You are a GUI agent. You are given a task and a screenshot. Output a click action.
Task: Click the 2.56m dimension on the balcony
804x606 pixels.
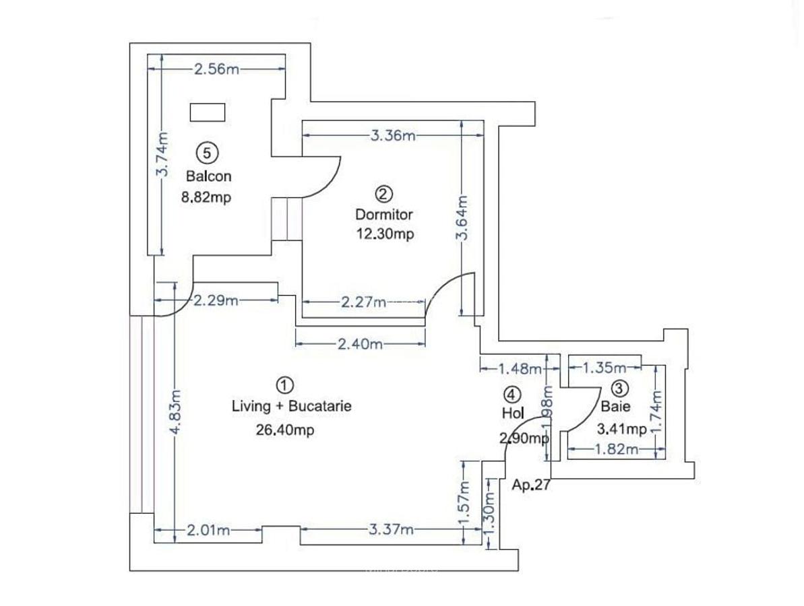216,69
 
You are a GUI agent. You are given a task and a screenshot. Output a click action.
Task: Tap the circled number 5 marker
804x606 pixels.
208,154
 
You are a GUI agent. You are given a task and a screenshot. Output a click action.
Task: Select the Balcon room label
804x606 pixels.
208,176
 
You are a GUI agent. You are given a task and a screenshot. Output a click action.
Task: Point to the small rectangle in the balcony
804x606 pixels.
207,112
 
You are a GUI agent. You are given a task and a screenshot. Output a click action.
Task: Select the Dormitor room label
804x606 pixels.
383,215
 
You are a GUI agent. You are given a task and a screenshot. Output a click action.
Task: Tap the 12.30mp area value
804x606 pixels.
383,234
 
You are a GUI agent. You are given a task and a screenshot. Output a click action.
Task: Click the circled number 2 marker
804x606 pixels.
383,195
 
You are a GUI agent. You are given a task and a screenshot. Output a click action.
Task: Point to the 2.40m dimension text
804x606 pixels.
361,345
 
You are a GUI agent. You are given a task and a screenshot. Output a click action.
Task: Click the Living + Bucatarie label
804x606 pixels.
291,407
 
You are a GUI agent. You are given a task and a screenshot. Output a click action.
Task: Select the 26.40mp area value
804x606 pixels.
285,430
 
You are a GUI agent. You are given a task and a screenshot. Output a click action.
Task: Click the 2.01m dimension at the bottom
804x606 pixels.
208,531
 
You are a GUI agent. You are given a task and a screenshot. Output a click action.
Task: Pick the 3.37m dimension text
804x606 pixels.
392,530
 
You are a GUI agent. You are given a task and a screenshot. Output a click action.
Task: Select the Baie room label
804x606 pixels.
616,407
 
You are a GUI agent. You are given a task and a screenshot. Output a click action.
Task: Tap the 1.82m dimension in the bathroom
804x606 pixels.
615,450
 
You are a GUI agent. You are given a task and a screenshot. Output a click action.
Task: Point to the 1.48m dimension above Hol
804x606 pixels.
520,368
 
